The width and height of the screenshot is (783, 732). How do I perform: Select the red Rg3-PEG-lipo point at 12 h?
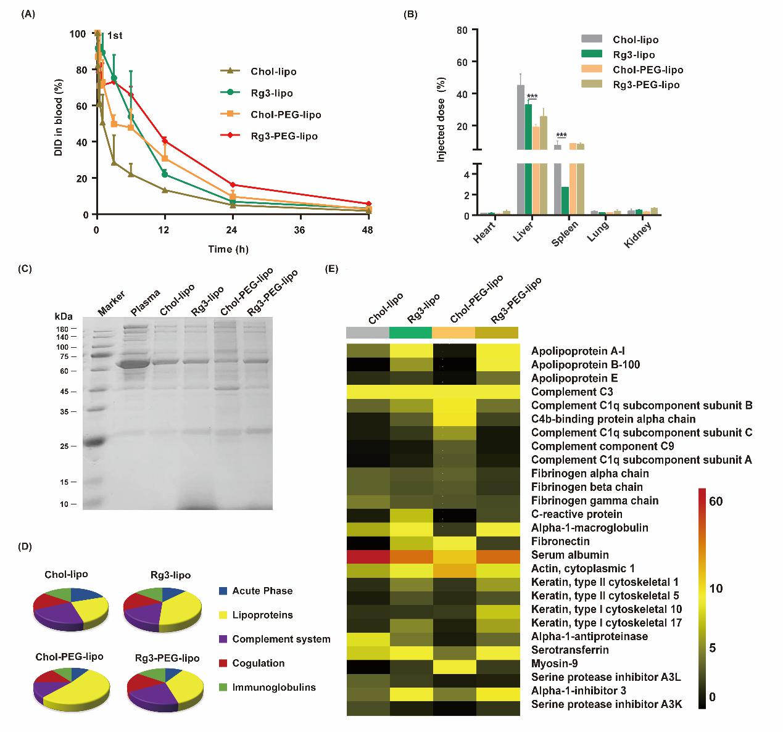[165, 141]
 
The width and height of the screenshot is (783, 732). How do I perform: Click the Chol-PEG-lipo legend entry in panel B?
[647, 70]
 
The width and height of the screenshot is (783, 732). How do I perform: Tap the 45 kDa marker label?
[64, 392]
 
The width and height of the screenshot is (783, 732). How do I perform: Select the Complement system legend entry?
[281, 639]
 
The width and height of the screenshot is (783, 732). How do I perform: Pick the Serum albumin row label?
[570, 555]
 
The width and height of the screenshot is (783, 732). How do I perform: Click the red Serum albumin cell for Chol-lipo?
[368, 555]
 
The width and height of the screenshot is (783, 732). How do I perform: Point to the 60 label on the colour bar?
[716, 501]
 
